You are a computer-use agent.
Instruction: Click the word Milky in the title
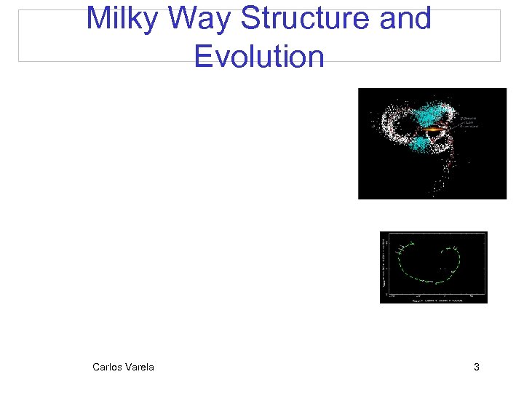(119, 19)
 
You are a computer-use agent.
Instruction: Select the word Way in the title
(195, 19)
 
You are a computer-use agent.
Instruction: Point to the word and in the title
(405, 19)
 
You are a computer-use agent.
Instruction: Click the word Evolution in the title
(259, 56)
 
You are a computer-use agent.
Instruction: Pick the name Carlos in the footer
(108, 367)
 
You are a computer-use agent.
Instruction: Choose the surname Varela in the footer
(140, 367)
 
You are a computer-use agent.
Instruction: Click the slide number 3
(476, 367)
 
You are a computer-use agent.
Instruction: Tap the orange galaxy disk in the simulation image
(434, 129)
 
